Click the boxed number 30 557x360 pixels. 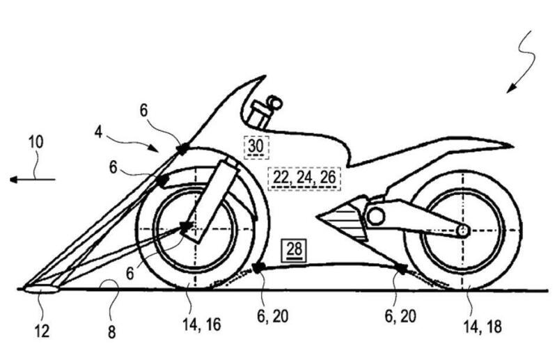256,146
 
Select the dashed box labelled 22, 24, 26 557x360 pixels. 304,178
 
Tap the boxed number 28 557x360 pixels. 293,249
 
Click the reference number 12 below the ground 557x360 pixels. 42,331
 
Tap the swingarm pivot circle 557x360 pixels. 375,217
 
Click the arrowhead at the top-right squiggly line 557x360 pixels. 510,88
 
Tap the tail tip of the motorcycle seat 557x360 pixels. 512,148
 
